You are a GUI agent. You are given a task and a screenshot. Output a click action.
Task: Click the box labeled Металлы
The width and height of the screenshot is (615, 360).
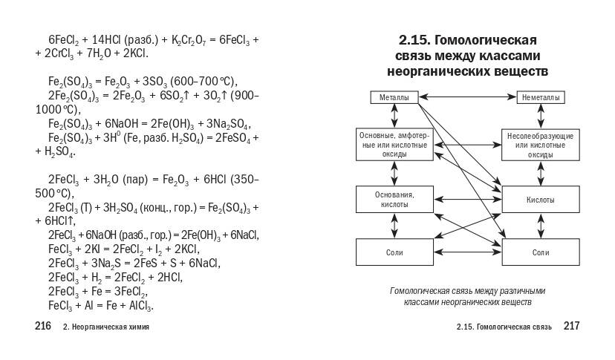pyautogui.click(x=394, y=97)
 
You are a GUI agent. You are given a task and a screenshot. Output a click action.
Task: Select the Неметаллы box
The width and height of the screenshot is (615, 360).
pyautogui.click(x=541, y=97)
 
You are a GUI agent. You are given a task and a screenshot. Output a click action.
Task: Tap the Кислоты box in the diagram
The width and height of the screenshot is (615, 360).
pyautogui.click(x=541, y=200)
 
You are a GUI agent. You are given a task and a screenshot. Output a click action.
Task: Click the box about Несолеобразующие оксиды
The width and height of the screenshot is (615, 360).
pyautogui.click(x=541, y=145)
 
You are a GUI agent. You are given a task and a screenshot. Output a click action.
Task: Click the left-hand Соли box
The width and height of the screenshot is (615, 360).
pyautogui.click(x=394, y=252)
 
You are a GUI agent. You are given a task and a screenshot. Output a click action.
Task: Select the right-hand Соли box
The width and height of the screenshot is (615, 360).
pyautogui.click(x=541, y=252)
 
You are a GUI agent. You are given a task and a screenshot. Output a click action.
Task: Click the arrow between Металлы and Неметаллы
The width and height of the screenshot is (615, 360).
pyautogui.click(x=467, y=97)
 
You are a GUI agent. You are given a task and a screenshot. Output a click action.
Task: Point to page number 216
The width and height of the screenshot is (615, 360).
pyautogui.click(x=43, y=327)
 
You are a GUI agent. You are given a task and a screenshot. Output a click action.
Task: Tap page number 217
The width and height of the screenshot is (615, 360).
pyautogui.click(x=571, y=327)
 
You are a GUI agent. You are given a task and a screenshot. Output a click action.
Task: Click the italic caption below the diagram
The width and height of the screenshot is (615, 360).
pyautogui.click(x=467, y=296)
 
